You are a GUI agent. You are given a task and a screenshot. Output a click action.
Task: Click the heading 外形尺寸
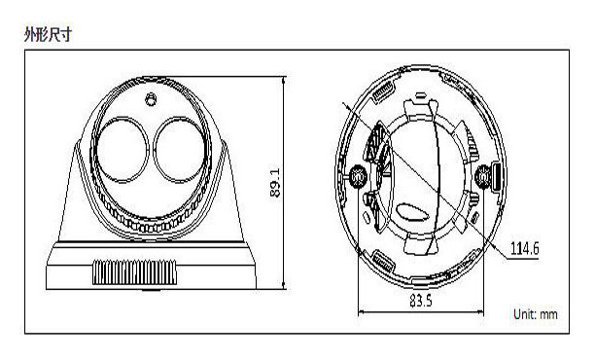pyautogui.click(x=48, y=35)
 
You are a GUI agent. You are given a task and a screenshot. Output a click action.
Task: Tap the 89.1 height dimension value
pyautogui.click(x=275, y=183)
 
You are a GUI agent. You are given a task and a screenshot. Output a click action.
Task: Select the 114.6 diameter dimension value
pyautogui.click(x=524, y=249)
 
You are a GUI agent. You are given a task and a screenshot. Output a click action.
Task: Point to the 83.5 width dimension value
pyautogui.click(x=420, y=301)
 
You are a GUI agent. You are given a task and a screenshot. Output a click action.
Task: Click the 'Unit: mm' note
pyautogui.click(x=536, y=314)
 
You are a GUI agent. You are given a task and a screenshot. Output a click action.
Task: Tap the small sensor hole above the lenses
pyautogui.click(x=151, y=99)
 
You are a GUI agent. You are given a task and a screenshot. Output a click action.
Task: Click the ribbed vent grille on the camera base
pyautogui.click(x=135, y=272)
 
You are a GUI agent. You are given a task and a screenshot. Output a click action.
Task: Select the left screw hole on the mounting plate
pyautogui.click(x=358, y=176)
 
